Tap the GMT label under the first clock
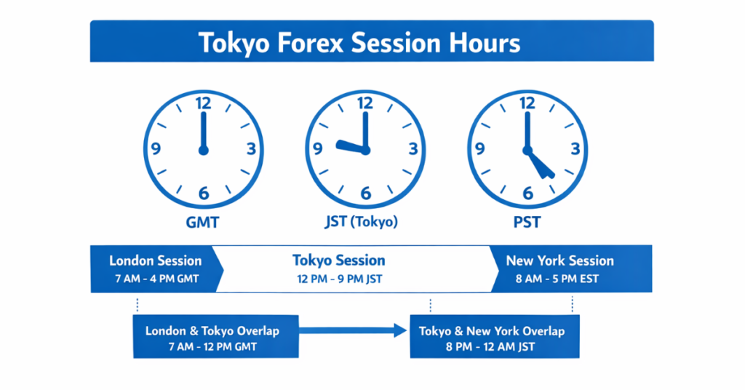pyautogui.click(x=203, y=221)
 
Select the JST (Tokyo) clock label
pyautogui.click(x=364, y=221)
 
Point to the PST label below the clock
pyautogui.click(x=527, y=221)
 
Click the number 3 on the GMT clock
pyautogui.click(x=251, y=149)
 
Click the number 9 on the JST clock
pyautogui.click(x=318, y=149)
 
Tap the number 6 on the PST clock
pyautogui.click(x=527, y=194)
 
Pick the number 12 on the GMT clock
pyautogui.click(x=203, y=104)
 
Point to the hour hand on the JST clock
pyautogui.click(x=350, y=148)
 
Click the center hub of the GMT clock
pyautogui.click(x=203, y=150)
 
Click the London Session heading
pyautogui.click(x=155, y=260)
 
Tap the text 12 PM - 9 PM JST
pyautogui.click(x=339, y=279)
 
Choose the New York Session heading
pyautogui.click(x=559, y=260)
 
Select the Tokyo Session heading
pyautogui.click(x=339, y=260)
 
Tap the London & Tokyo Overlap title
pyautogui.click(x=212, y=331)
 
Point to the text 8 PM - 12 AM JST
pyautogui.click(x=491, y=347)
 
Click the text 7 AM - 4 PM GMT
pyautogui.click(x=155, y=279)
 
